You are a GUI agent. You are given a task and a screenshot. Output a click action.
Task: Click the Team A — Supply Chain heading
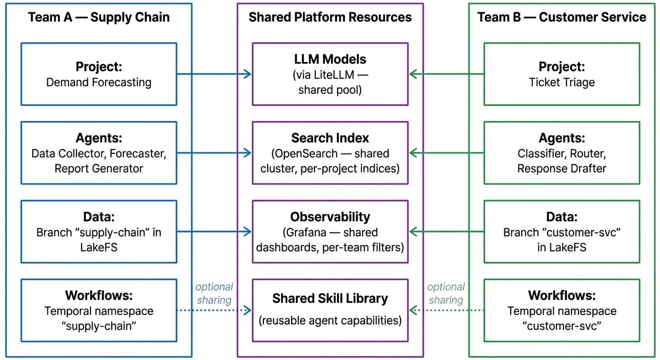(99, 18)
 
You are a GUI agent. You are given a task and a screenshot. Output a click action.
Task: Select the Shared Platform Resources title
(330, 18)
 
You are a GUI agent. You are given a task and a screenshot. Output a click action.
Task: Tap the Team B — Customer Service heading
(562, 18)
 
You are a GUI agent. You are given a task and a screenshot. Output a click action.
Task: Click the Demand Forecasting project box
(99, 74)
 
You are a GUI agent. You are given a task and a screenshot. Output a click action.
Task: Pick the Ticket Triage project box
(562, 74)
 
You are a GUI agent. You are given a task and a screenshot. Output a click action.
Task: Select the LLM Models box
(330, 74)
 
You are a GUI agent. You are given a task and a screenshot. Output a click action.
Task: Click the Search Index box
(330, 153)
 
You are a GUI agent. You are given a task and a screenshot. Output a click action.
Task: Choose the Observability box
(330, 232)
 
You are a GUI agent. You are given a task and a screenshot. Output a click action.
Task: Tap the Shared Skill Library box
(330, 310)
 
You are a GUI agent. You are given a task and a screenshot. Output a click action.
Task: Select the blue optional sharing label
(214, 293)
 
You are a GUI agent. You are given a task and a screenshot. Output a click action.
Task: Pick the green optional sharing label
(446, 293)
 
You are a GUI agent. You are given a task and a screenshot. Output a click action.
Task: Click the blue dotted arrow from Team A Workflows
(214, 310)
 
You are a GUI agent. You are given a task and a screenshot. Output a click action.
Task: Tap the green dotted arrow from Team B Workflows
(446, 310)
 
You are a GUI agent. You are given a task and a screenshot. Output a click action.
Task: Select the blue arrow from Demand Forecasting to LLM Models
(214, 74)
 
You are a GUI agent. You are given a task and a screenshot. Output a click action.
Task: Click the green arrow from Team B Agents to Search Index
(446, 153)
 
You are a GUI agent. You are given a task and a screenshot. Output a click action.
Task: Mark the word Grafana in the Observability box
(311, 232)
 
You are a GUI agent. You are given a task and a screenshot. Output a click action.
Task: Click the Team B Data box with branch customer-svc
(562, 232)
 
